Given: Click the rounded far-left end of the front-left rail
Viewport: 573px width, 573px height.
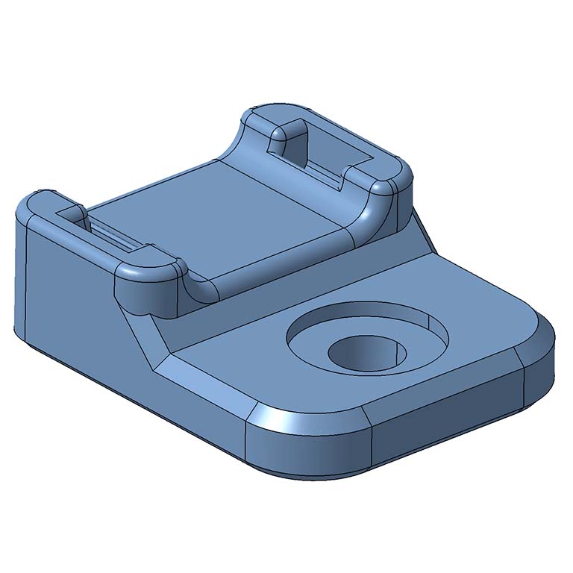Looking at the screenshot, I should (x=37, y=205).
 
